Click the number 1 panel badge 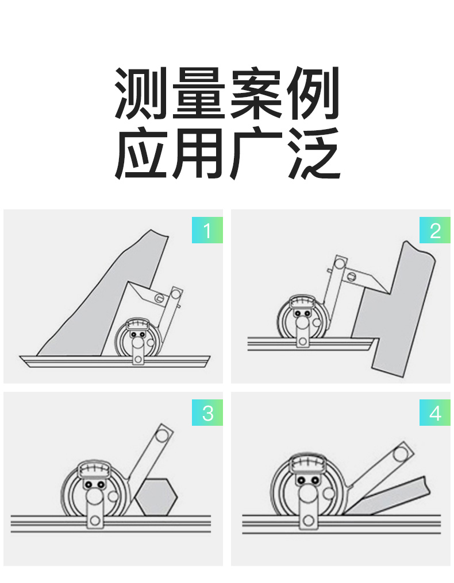[x=207, y=230]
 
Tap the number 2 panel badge [x=435, y=230]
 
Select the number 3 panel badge [x=207, y=413]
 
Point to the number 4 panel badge [x=435, y=413]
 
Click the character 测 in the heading [x=140, y=93]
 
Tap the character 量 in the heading [x=198, y=93]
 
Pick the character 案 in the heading [x=256, y=93]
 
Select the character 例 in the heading [x=314, y=93]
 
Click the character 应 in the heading [x=140, y=153]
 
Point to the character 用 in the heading [x=198, y=153]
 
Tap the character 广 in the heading [x=256, y=153]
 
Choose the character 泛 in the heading [x=314, y=153]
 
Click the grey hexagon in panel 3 [x=156, y=497]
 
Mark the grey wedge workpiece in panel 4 [x=387, y=496]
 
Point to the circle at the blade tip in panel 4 [x=399, y=454]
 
